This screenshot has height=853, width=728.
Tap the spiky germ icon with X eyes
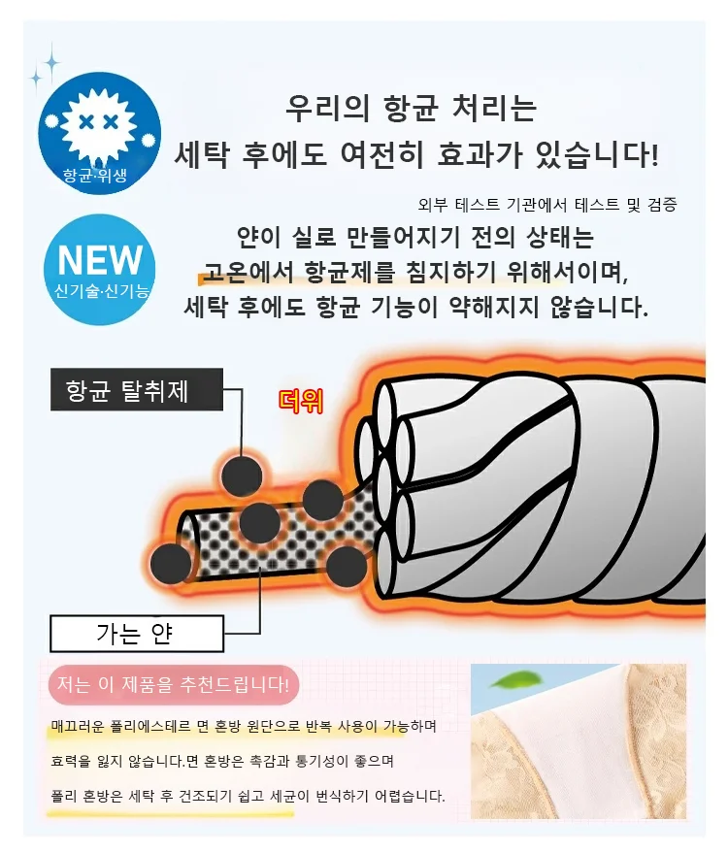98,124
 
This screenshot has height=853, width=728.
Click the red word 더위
300,401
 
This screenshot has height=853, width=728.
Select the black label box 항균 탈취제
137,389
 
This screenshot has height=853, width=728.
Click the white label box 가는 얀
137,634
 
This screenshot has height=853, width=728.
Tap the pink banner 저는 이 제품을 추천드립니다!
174,684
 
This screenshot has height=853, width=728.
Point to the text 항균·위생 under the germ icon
95,176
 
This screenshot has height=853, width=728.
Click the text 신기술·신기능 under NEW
101,291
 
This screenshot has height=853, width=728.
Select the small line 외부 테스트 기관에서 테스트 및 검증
547,205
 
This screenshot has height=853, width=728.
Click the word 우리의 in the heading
327,107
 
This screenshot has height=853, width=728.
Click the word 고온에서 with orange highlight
247,272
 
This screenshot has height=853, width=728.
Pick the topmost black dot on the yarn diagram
242,476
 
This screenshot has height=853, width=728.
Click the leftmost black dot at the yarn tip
171,564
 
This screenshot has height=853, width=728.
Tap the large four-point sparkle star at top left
52,63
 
